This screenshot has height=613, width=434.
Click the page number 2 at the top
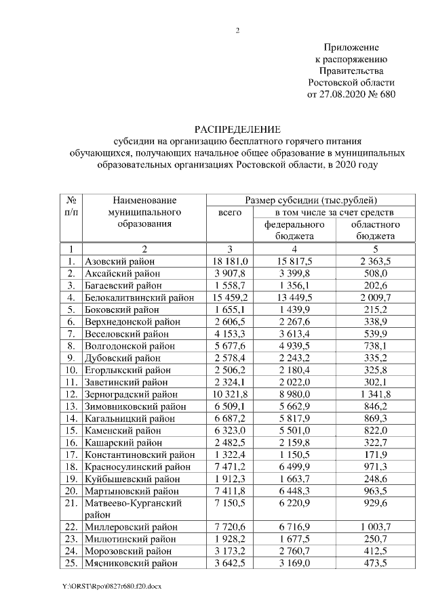click(238, 30)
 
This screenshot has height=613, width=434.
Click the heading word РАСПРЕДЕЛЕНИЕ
click(237, 129)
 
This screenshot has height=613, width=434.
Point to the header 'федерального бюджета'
click(294, 230)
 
